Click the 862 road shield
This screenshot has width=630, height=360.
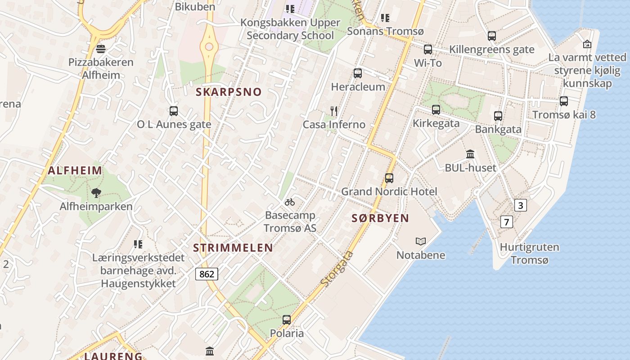[x=207, y=274]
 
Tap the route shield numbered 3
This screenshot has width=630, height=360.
[x=521, y=206]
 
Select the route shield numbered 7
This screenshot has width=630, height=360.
[x=507, y=222]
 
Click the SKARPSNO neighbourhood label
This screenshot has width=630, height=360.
[x=229, y=92]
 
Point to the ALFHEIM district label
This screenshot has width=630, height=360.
[x=75, y=171]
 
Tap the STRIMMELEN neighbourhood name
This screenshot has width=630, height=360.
[x=233, y=247]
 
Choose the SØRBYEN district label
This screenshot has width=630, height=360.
[x=380, y=218]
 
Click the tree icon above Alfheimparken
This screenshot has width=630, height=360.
[x=96, y=193]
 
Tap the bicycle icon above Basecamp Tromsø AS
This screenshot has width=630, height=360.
[x=290, y=202]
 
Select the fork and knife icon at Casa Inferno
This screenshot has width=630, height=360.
[x=333, y=111]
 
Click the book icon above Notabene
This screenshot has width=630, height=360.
[x=421, y=242]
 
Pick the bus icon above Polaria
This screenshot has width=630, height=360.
[x=287, y=320]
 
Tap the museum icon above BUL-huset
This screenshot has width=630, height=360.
[x=470, y=154]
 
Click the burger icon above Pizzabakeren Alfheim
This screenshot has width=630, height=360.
[x=101, y=49]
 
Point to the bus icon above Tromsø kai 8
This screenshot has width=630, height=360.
[x=564, y=101]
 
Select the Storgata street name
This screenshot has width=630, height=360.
[x=337, y=270]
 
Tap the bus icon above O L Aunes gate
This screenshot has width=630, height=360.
[x=174, y=111]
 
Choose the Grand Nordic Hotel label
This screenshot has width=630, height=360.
[x=389, y=191]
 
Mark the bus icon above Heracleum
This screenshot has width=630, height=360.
[x=358, y=73]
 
